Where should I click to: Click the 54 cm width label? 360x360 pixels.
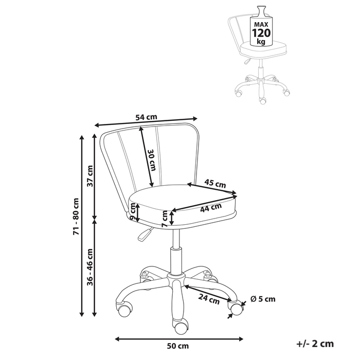pyautogui.click(x=146, y=117)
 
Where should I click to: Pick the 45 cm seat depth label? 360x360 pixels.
pyautogui.click(x=215, y=184)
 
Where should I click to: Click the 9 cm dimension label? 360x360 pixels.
pyautogui.click(x=132, y=211)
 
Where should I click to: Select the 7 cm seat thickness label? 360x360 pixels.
pyautogui.click(x=165, y=218)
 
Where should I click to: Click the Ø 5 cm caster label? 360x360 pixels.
pyautogui.click(x=263, y=299)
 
